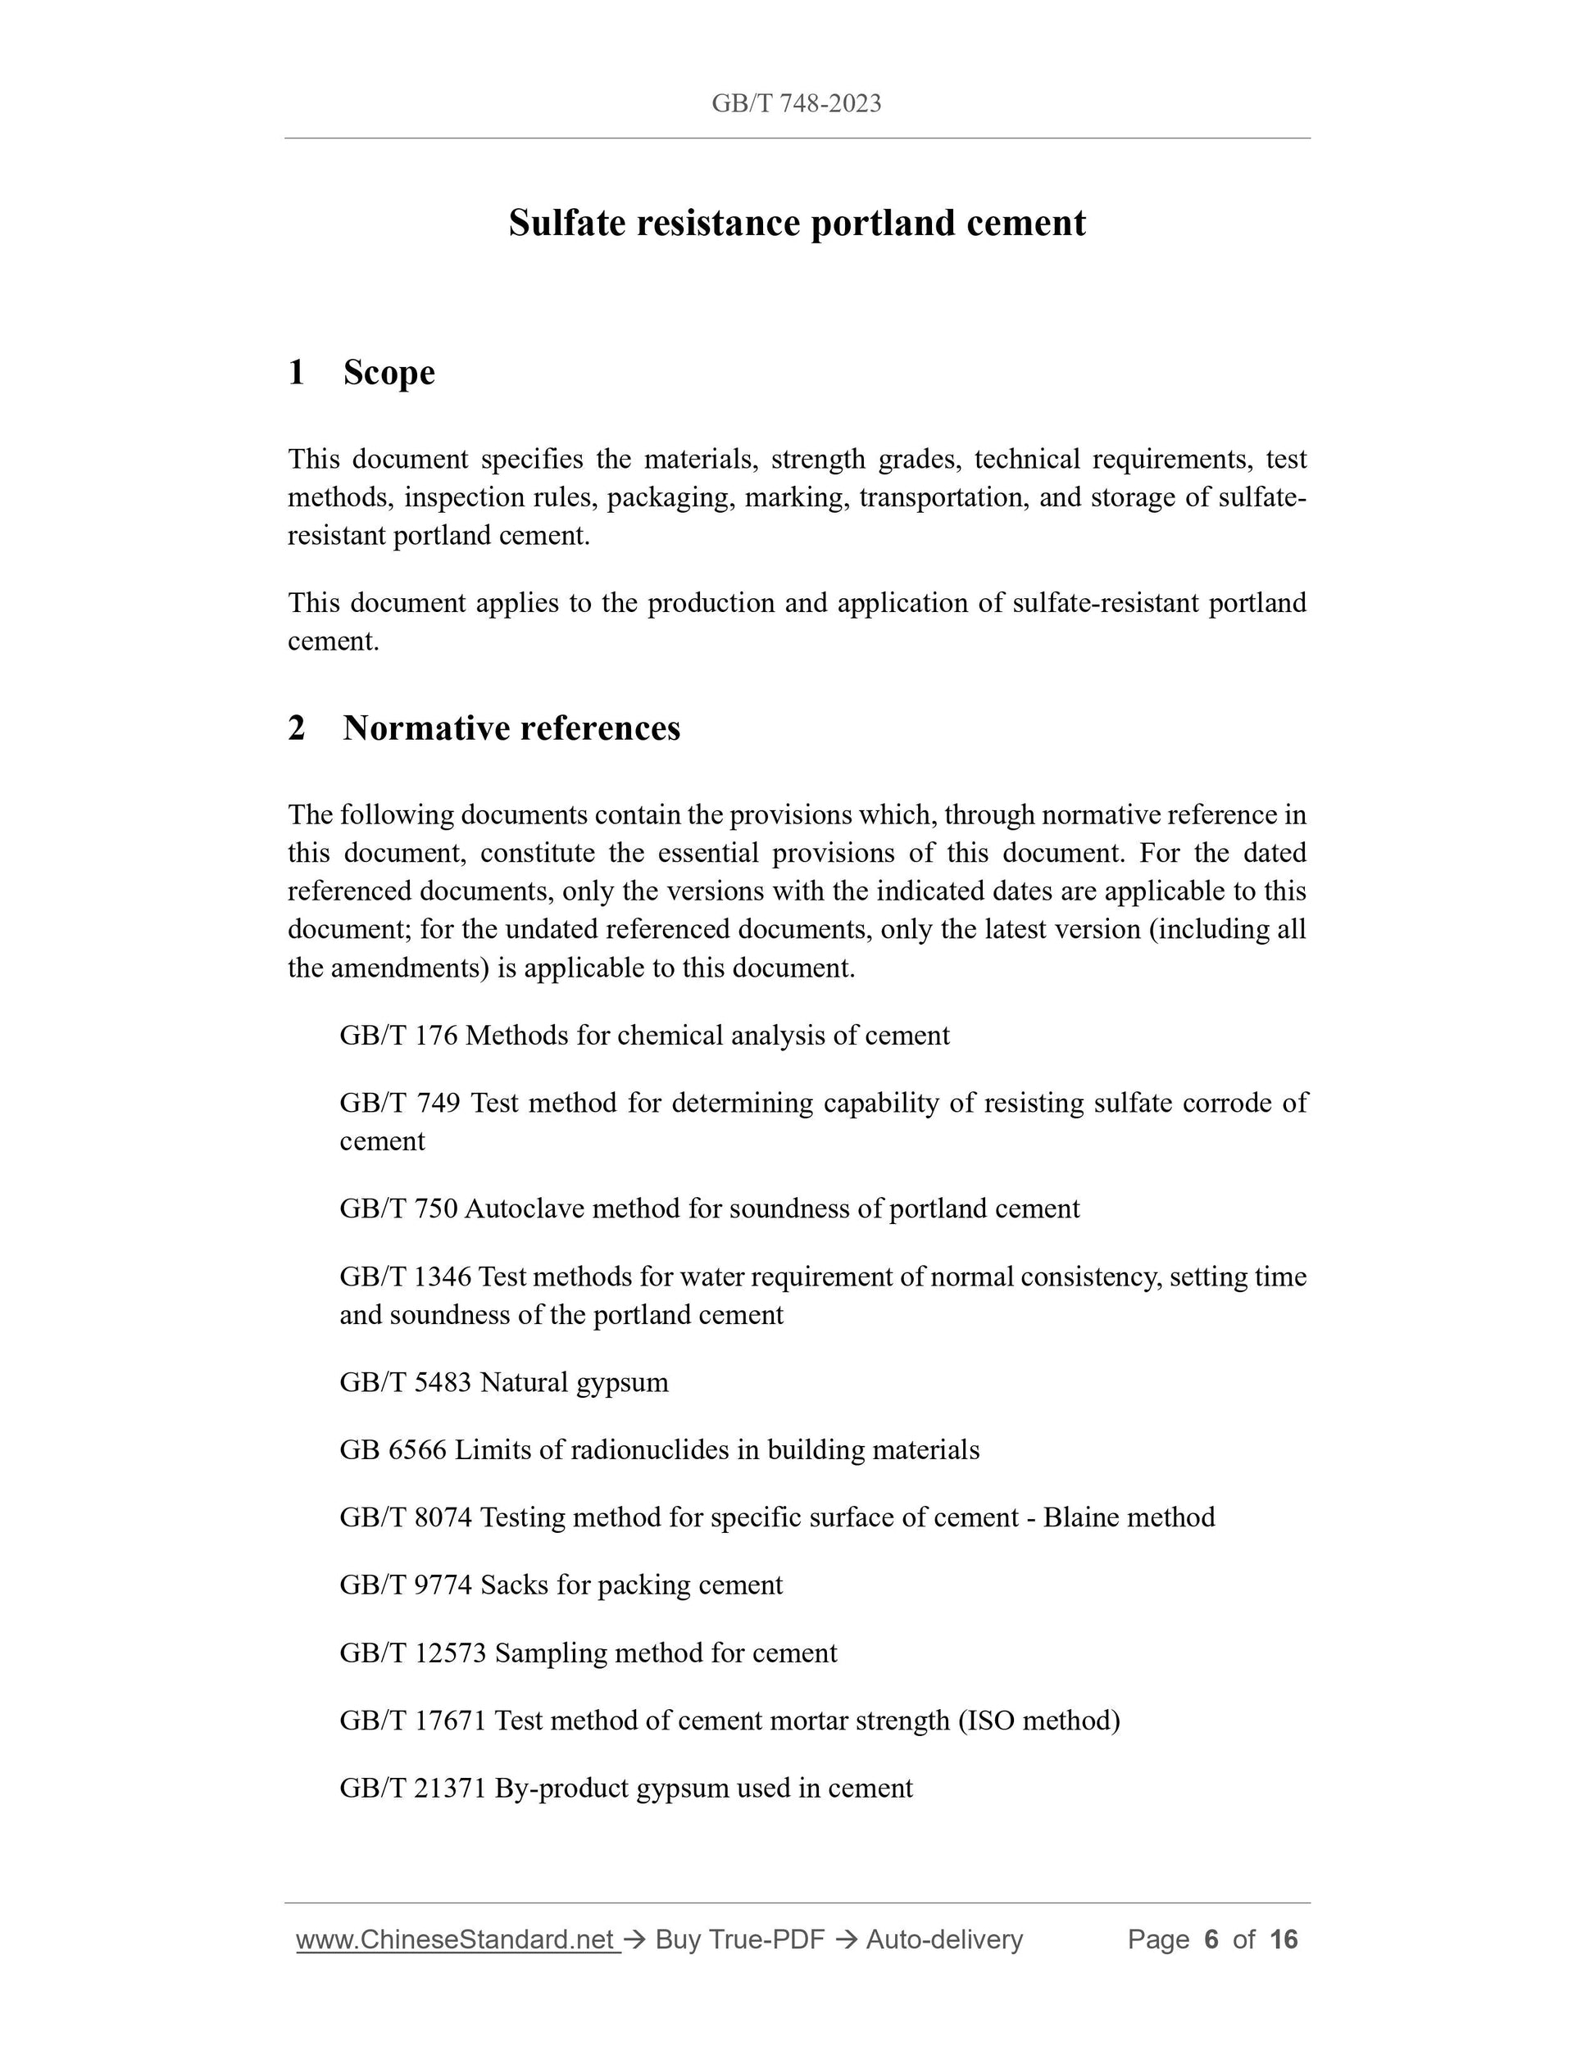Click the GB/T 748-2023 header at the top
(x=796, y=104)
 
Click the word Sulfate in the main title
(x=568, y=224)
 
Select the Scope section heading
(x=389, y=372)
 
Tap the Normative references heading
(x=511, y=728)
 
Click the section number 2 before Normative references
(x=297, y=728)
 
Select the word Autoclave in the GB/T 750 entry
(x=525, y=1209)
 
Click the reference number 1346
(x=443, y=1277)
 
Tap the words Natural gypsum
(x=574, y=1383)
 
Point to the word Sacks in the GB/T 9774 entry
(x=514, y=1585)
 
